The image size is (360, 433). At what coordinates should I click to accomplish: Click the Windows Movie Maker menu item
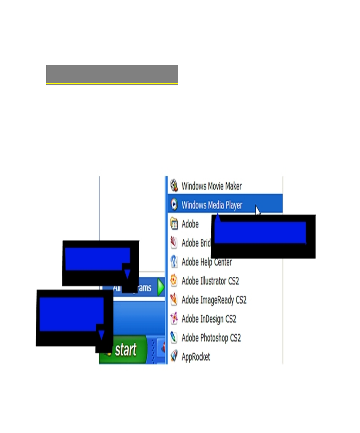[211, 186]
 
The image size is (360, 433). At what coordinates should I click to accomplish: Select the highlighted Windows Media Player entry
[212, 205]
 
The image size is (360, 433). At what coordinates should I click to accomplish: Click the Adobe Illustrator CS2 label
[210, 281]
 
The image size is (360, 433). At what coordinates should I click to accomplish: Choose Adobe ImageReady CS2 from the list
[214, 300]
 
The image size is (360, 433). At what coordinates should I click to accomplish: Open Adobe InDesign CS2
[209, 319]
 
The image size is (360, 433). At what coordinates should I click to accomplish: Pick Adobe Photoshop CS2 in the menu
[211, 338]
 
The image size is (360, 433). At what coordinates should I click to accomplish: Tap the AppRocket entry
[196, 357]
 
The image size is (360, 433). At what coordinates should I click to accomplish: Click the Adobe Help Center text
[207, 262]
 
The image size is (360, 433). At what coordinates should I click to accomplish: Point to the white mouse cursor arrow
[258, 210]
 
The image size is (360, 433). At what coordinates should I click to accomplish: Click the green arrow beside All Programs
[161, 287]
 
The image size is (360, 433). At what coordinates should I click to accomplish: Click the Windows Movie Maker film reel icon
[174, 185]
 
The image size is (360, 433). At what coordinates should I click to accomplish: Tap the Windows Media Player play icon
[174, 204]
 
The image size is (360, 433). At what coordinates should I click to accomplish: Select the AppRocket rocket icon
[174, 356]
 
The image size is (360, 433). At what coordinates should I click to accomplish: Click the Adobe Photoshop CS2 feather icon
[174, 337]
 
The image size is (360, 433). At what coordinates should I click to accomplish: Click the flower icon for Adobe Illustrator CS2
[174, 280]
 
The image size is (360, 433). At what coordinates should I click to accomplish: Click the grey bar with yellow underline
[112, 74]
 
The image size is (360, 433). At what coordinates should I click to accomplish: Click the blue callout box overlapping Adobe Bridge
[260, 233]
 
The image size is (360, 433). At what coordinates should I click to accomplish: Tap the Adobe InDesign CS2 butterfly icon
[174, 318]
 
